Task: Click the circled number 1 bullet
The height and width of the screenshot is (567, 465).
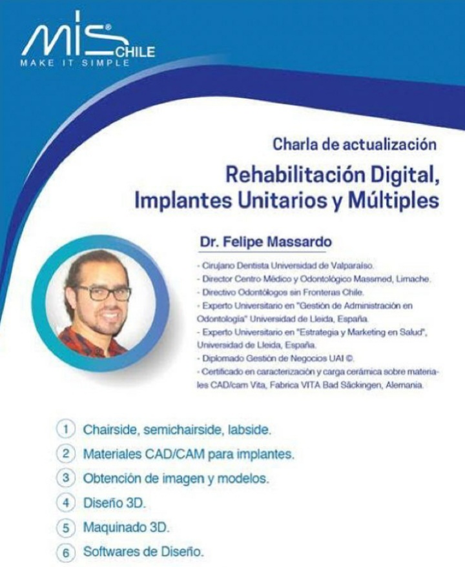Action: tap(65, 429)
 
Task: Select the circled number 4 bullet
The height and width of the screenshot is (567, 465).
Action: tap(65, 502)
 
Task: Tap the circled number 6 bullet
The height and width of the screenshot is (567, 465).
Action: tap(65, 552)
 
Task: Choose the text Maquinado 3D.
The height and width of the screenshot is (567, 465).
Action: tap(126, 527)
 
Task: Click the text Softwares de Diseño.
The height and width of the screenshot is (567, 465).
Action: tap(143, 552)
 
